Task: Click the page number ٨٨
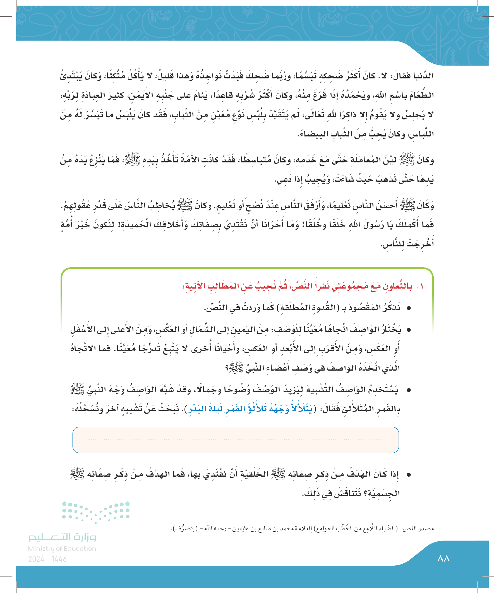coord(443,558)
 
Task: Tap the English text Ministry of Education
coord(62,549)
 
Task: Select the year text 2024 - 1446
coord(47,559)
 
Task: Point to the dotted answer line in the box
coord(236,440)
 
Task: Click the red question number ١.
coord(421,286)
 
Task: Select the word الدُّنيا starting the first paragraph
coord(423,76)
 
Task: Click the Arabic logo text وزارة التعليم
coord(62,537)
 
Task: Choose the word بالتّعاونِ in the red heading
coord(399,286)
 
